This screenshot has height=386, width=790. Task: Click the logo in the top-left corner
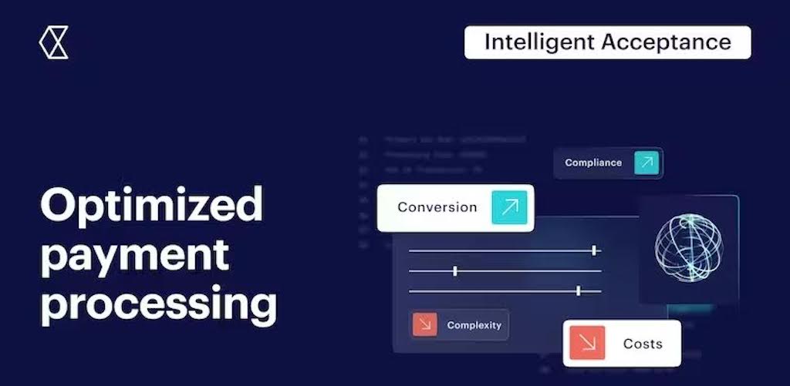pyautogui.click(x=53, y=42)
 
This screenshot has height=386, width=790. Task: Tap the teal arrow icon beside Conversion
pyautogui.click(x=509, y=207)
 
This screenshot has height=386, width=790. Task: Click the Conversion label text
pyautogui.click(x=437, y=207)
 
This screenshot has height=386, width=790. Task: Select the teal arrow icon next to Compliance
pyautogui.click(x=647, y=163)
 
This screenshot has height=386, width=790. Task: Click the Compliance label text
pyautogui.click(x=592, y=163)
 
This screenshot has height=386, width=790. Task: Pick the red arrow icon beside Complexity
pyautogui.click(x=425, y=324)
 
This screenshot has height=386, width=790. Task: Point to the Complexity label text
pyautogui.click(x=474, y=325)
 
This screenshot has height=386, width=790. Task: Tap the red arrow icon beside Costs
pyautogui.click(x=587, y=344)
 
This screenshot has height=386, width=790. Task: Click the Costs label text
pyautogui.click(x=642, y=344)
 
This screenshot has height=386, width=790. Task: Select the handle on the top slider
pyautogui.click(x=595, y=250)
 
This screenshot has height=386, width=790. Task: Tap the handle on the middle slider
pyautogui.click(x=455, y=270)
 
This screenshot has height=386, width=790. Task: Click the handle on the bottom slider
pyautogui.click(x=579, y=290)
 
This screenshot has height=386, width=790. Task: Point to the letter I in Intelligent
pyautogui.click(x=488, y=42)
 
